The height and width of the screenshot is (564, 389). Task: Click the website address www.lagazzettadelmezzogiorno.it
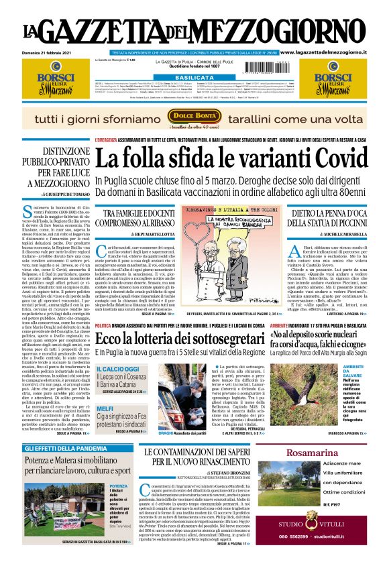(x=332, y=52)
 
